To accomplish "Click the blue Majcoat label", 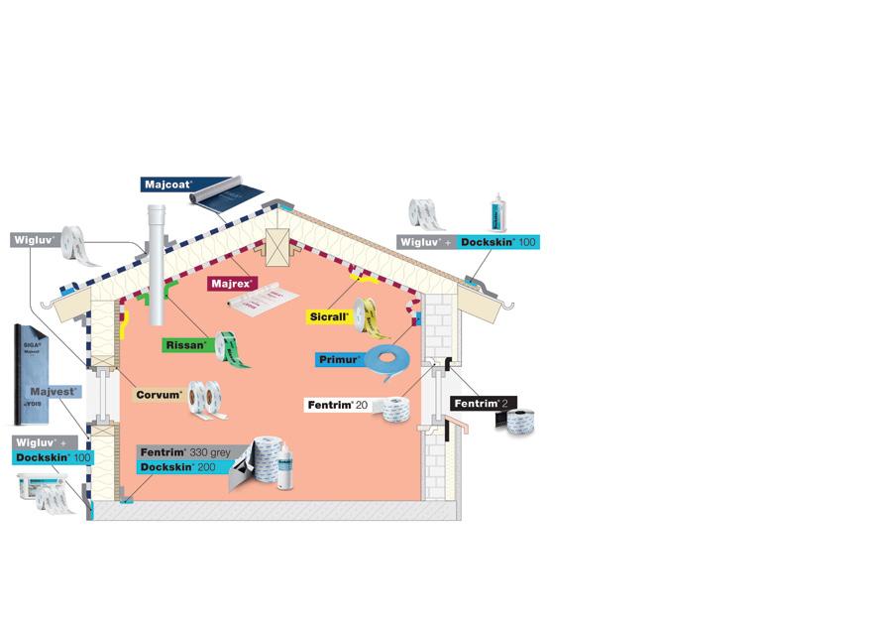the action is (166, 185).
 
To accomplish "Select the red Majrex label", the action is (233, 284).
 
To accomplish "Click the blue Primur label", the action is (338, 360).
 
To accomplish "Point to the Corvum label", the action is (160, 395).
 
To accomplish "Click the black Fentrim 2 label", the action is (483, 404).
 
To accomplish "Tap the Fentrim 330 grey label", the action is (185, 452).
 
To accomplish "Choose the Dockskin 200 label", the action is (178, 467).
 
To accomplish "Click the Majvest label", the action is (54, 392).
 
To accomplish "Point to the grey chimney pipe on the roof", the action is (156, 264).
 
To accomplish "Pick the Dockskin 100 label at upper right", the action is (499, 242).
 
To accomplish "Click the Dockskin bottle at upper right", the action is (498, 214).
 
